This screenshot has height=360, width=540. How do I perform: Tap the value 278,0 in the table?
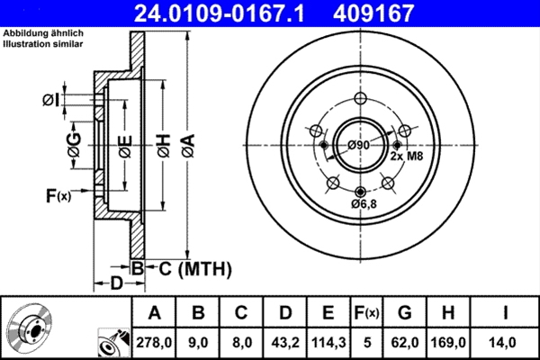coord(155,342)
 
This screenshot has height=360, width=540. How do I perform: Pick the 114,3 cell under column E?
coord(328,342)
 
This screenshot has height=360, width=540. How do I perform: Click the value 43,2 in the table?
coord(284,342)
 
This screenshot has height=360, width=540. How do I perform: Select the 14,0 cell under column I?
coord(506,342)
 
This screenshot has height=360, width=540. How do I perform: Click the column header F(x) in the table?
coord(367,312)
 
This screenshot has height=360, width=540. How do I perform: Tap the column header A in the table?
coord(155,312)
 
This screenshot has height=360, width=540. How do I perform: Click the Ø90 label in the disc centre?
coord(359,145)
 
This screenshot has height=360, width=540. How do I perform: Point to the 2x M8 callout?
coord(407,156)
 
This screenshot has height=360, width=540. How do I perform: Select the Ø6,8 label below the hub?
coord(364,204)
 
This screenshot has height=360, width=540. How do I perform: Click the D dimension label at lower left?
coord(116,283)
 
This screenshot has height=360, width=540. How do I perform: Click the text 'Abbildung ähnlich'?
coord(41,32)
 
